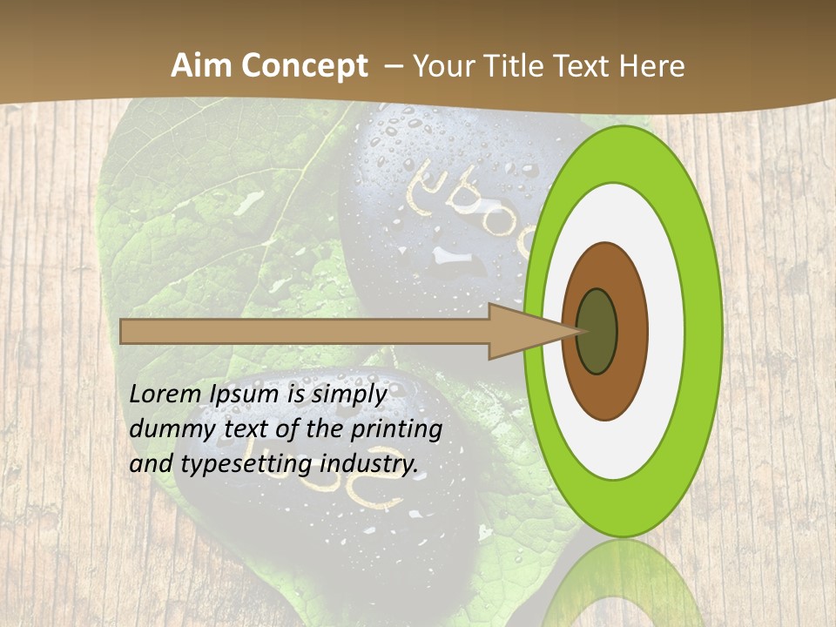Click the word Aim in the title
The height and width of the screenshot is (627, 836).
click(203, 66)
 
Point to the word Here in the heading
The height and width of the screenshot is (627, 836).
click(652, 66)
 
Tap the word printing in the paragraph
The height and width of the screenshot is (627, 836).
click(395, 429)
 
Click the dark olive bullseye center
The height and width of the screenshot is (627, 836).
click(597, 331)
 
